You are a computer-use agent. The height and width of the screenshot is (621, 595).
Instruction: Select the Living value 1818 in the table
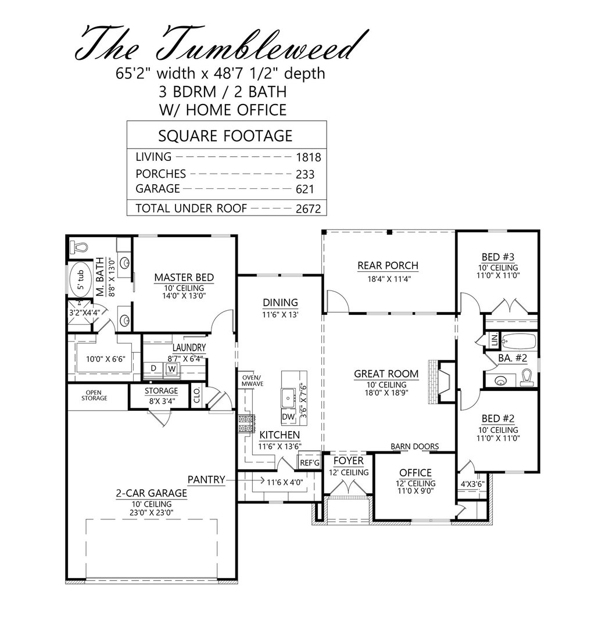pyautogui.click(x=308, y=157)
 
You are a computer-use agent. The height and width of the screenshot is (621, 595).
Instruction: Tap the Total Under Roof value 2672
pyautogui.click(x=308, y=209)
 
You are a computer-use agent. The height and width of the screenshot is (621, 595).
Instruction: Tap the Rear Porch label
pyautogui.click(x=388, y=266)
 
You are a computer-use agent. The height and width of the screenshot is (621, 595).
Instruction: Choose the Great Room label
pyautogui.click(x=388, y=375)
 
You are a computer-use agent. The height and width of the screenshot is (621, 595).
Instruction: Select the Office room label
pyautogui.click(x=415, y=472)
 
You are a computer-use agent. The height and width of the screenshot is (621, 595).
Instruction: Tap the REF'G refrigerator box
pyautogui.click(x=309, y=463)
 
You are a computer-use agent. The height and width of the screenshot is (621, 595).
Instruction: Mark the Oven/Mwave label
pyautogui.click(x=252, y=381)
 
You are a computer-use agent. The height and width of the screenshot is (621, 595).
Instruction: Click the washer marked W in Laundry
pyautogui.click(x=172, y=368)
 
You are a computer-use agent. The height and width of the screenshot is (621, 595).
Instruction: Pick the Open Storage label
pyautogui.click(x=95, y=395)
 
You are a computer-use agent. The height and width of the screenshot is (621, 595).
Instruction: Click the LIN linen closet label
pyautogui.click(x=493, y=339)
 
